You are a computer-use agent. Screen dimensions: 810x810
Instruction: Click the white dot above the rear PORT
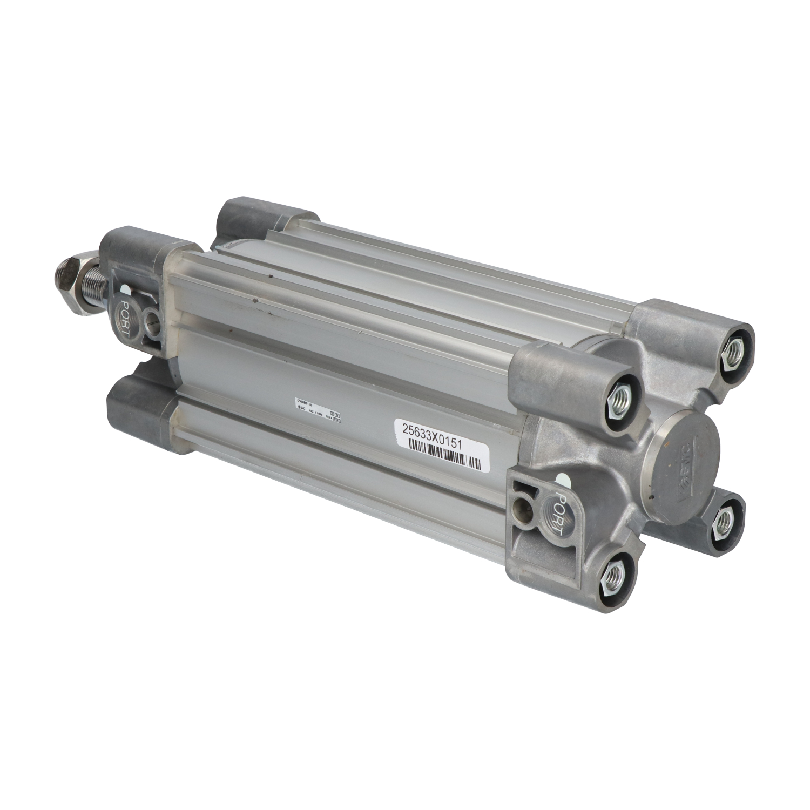[563, 477]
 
